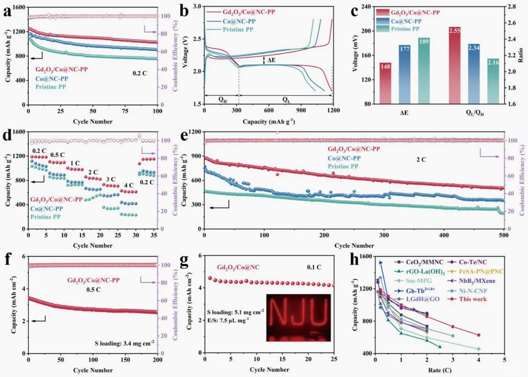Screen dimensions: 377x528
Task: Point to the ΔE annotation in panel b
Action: tap(272, 60)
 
